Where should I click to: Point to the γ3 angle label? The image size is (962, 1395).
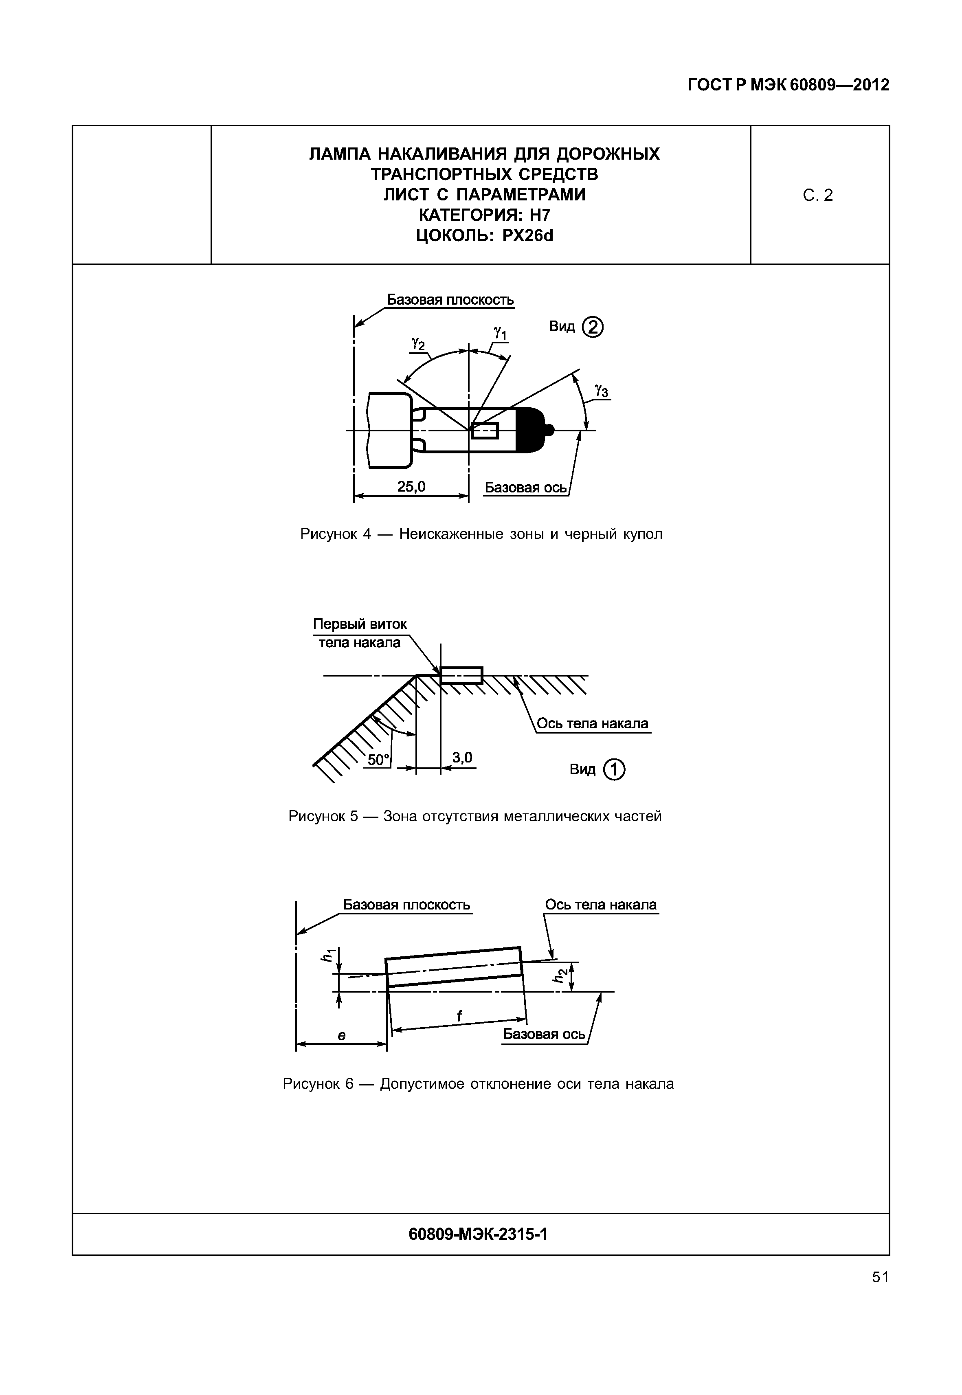(601, 391)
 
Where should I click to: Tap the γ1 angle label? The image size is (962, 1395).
(500, 333)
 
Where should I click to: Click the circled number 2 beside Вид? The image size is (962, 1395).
(593, 327)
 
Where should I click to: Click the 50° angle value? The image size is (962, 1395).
(378, 760)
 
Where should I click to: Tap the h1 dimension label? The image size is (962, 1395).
(328, 956)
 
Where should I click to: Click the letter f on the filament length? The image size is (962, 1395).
(459, 1016)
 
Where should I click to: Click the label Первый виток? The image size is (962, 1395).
(360, 624)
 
